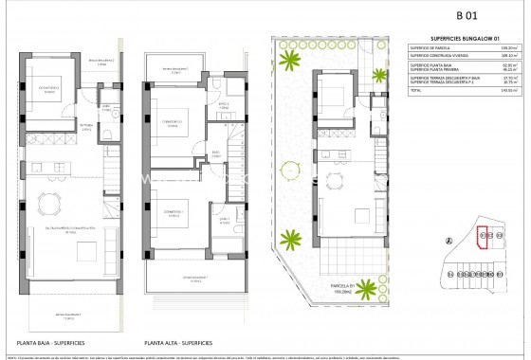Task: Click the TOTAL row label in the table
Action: tap(414, 91)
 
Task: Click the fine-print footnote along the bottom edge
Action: tap(265, 355)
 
